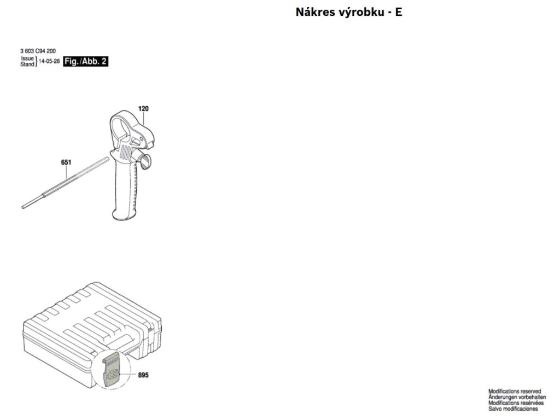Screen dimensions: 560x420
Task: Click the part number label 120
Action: [143, 109]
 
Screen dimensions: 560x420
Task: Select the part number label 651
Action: [66, 162]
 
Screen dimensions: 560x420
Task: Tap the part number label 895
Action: [144, 375]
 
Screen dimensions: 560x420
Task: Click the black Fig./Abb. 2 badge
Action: [85, 62]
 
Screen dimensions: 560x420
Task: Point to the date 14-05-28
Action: [49, 62]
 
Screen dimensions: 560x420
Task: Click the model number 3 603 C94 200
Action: [37, 51]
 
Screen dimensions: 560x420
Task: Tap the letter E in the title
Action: [399, 12]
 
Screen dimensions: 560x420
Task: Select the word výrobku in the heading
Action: [360, 12]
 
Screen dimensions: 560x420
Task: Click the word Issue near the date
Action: [27, 58]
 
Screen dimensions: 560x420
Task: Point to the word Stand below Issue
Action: [27, 65]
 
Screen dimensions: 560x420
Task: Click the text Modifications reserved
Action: [515, 392]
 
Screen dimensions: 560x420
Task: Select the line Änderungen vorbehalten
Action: [517, 397]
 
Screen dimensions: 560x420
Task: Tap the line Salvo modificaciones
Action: [513, 409]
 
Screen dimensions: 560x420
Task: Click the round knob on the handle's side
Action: [145, 160]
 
